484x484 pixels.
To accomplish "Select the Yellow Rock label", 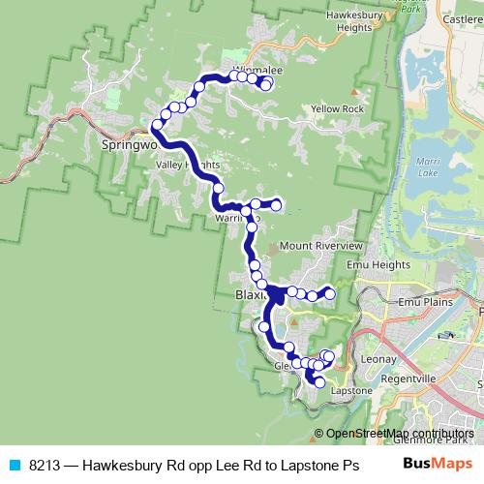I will pyautogui.click(x=338, y=108).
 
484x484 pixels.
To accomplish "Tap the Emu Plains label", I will pyautogui.click(x=427, y=302).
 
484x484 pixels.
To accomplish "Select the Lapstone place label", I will pyautogui.click(x=351, y=390).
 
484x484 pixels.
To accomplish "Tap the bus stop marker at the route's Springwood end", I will pyautogui.click(x=157, y=124).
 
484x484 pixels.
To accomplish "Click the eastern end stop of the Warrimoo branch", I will pyautogui.click(x=277, y=204).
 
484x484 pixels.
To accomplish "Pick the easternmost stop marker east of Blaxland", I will pyautogui.click(x=330, y=292).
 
